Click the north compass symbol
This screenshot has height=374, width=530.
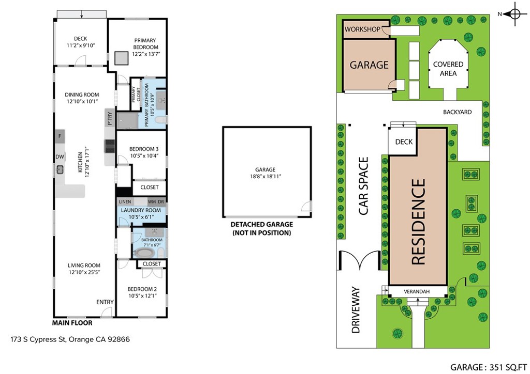tap(515, 14)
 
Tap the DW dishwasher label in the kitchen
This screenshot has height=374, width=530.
tap(60, 157)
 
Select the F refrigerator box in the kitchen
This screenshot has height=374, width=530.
tap(60, 136)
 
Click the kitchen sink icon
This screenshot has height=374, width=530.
tap(60, 169)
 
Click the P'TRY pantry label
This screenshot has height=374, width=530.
tap(110, 119)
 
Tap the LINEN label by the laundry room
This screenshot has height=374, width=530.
tap(125, 201)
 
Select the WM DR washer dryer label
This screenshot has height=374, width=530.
tap(156, 201)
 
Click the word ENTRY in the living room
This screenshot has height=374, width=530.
tap(105, 302)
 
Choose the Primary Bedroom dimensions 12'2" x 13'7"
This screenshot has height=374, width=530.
tap(145, 54)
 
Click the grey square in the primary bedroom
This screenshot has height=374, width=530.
tap(121, 58)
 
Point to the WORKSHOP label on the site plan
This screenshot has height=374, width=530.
tap(362, 29)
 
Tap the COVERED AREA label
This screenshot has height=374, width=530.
tap(448, 69)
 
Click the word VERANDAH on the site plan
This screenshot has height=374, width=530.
tap(417, 291)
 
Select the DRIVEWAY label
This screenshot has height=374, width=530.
tap(356, 310)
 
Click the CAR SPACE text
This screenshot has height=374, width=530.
tap(363, 186)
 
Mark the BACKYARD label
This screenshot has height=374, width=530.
tap(458, 112)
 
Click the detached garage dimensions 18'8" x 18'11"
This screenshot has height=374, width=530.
tap(266, 176)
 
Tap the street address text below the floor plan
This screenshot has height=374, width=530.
tap(70, 339)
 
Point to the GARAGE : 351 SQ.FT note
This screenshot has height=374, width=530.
tap(489, 367)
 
